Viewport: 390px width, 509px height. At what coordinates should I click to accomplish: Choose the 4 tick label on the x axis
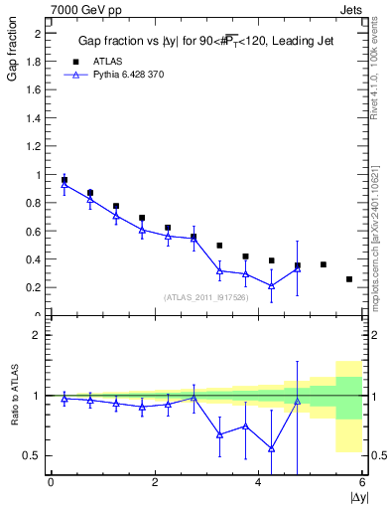tap(258, 483)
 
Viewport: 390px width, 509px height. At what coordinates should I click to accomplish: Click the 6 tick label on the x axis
tap(362, 483)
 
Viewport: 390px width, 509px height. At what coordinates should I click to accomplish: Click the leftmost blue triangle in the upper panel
tap(65, 185)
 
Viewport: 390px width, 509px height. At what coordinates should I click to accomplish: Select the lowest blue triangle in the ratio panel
tap(271, 448)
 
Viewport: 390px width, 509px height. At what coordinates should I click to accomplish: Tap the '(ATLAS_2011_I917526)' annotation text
tap(206, 297)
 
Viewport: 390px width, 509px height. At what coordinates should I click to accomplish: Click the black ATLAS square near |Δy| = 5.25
tap(324, 264)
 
